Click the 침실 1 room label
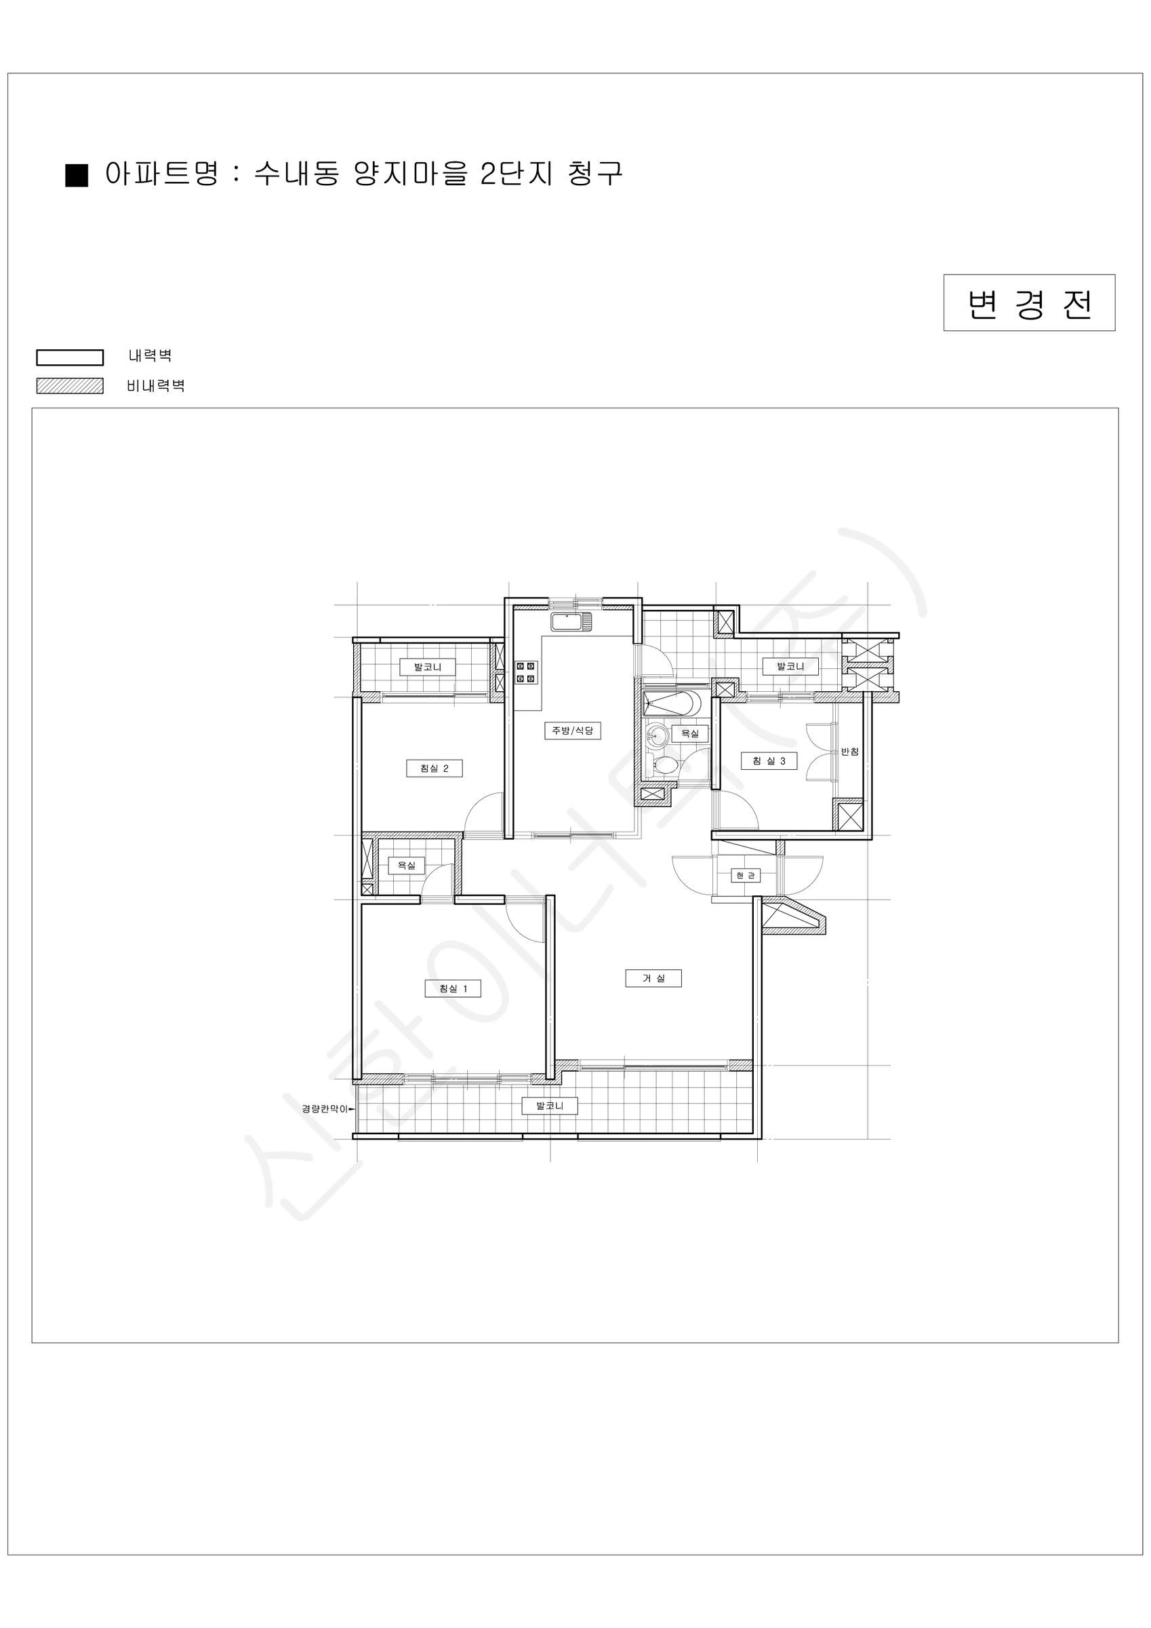(453, 988)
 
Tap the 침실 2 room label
(435, 769)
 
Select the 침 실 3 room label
(769, 762)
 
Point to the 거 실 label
(653, 979)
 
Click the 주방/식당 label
(573, 731)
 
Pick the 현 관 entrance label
(745, 876)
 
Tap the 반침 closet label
(850, 752)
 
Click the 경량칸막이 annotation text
(325, 1108)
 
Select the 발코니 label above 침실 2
(427, 667)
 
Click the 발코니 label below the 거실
(550, 1106)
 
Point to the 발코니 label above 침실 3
(790, 667)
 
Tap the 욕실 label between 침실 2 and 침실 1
(406, 866)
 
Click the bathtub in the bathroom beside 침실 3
(671, 704)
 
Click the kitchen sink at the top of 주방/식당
(571, 623)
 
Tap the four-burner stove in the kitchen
(526, 672)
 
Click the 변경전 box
(1029, 303)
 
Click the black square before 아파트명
(77, 175)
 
